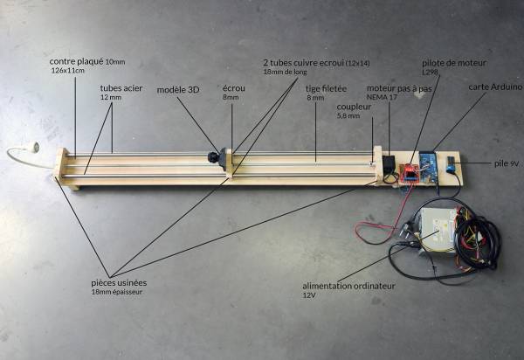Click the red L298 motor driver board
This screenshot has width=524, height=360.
409,172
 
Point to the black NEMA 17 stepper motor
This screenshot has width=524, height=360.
389,164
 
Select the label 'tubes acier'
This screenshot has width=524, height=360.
121,88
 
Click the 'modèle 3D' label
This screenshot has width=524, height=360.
178,89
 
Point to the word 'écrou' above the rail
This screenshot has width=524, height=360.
233,88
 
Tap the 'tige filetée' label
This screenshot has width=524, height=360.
327,88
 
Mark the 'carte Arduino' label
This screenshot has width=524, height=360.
495,87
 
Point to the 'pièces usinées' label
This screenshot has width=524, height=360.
119,282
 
